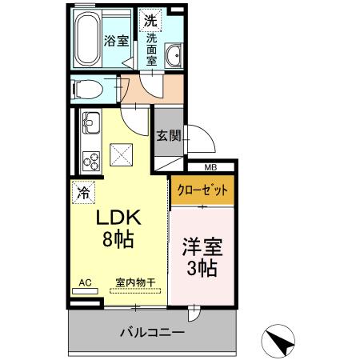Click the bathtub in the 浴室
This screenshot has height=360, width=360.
[88, 40]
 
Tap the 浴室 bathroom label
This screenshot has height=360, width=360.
[117, 41]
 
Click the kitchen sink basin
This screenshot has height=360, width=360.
[89, 124]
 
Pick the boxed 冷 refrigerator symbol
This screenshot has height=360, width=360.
[82, 191]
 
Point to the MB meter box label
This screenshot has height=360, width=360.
[210, 167]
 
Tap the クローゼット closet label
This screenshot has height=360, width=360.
[202, 190]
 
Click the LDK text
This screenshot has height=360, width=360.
[118, 218]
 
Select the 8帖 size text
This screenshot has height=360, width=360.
[118, 238]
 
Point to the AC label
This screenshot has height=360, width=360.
[85, 282]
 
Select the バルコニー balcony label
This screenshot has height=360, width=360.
[153, 331]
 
